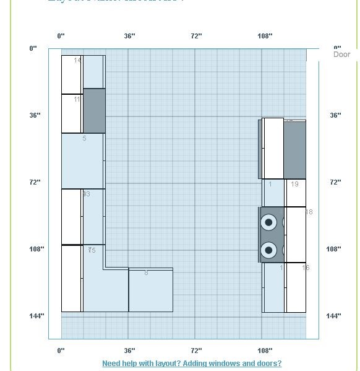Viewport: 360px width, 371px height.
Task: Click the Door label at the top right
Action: (x=341, y=55)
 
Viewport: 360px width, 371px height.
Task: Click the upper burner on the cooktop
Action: (x=268, y=222)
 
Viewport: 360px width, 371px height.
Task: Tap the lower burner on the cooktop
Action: (x=268, y=250)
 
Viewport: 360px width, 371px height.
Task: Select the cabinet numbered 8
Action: (x=150, y=290)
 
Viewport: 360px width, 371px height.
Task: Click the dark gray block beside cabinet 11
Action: (x=94, y=110)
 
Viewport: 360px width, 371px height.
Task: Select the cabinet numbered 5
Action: (x=82, y=160)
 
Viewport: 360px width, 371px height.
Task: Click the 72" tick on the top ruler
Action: (x=196, y=36)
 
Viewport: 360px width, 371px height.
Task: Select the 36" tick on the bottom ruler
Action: (x=129, y=351)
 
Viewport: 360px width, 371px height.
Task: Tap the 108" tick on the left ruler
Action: (x=36, y=249)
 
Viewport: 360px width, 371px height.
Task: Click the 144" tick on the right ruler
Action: (x=333, y=316)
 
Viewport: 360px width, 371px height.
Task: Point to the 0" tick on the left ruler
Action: (x=33, y=48)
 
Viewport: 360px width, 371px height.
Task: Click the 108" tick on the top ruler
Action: (x=265, y=36)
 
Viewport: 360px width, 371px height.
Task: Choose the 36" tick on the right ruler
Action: (x=335, y=115)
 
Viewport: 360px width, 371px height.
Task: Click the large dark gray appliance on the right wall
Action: (x=294, y=150)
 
